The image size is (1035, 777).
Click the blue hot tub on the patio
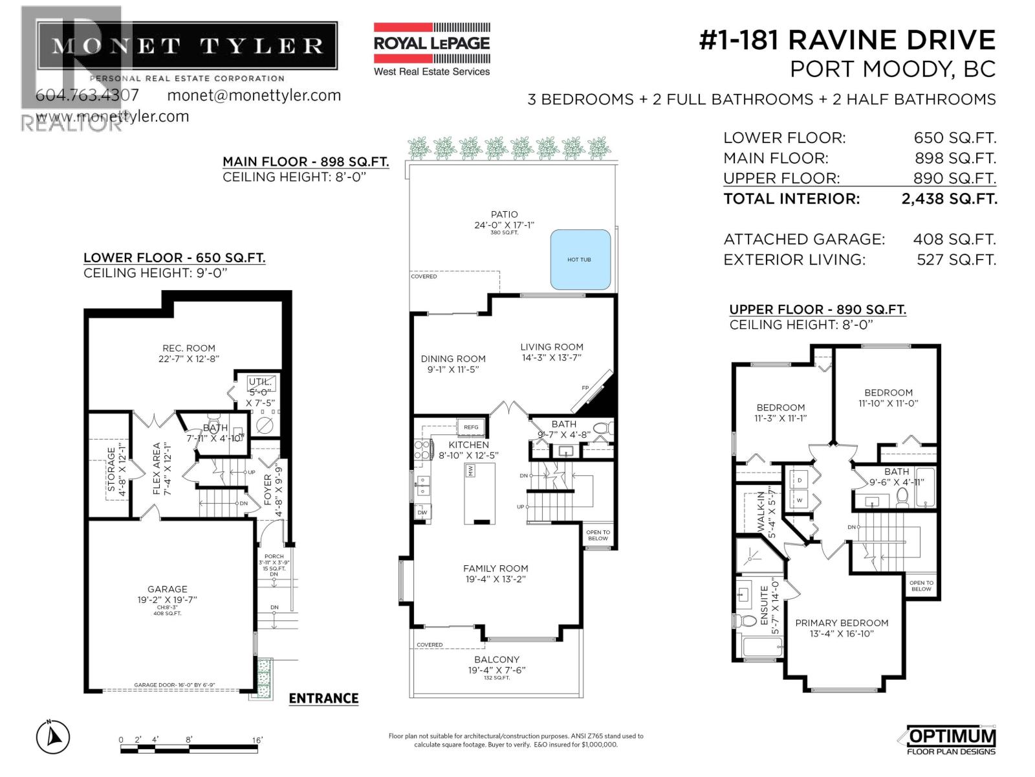[x=580, y=259]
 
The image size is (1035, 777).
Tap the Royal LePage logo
[x=431, y=49]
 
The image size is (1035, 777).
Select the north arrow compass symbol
[x=53, y=737]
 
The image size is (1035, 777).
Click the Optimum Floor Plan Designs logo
[x=950, y=741]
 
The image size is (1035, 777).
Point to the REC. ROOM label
[x=189, y=348]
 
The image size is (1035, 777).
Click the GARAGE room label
[x=167, y=589]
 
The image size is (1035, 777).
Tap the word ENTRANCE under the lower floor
[x=323, y=699]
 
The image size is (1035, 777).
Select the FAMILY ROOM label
[x=496, y=569]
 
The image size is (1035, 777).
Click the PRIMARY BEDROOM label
[x=842, y=623]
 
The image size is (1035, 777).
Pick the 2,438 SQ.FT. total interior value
[x=949, y=199]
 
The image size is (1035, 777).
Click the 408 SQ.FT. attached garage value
[x=954, y=240]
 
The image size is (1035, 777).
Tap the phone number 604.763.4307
[x=87, y=95]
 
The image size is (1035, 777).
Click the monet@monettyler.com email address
[x=254, y=95]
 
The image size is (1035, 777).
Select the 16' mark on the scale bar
[x=257, y=740]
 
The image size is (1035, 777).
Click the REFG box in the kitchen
[x=471, y=427]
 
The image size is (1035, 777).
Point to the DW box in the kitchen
[x=422, y=512]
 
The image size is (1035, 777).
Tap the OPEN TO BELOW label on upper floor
[x=921, y=586]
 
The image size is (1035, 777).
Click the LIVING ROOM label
[x=552, y=347]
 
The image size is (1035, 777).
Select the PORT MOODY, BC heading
[x=892, y=69]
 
